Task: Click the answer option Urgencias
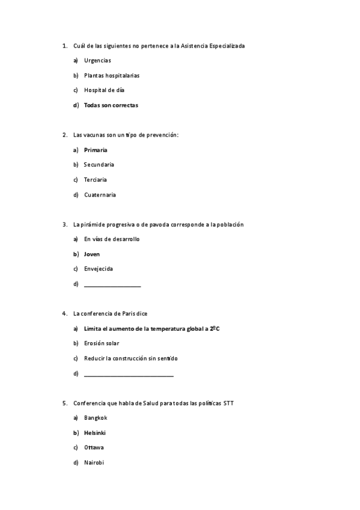97,61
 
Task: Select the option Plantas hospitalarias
112,76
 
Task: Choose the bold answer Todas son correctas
111,105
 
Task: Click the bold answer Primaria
96,150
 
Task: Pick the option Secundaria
99,165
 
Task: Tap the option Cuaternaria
100,195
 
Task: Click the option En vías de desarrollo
112,239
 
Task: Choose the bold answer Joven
92,254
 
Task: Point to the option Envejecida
99,269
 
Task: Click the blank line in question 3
112,284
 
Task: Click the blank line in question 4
129,374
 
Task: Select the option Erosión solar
102,343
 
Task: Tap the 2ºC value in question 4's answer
215,328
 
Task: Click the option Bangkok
96,418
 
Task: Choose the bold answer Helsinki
96,433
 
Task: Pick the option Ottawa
94,447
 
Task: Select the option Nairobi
94,462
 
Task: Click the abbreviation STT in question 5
228,403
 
